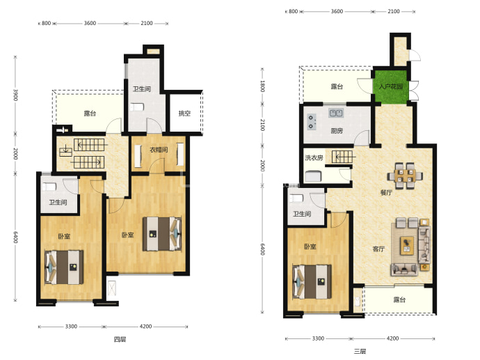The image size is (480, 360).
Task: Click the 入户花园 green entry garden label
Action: click(x=391, y=86)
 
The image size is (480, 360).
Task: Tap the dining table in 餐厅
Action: click(x=405, y=176)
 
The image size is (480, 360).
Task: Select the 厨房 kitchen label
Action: click(x=337, y=131)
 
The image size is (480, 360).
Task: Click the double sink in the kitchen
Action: click(x=336, y=113)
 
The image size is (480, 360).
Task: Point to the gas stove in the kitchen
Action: click(x=311, y=122)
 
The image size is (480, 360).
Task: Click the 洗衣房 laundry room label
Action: click(x=314, y=158)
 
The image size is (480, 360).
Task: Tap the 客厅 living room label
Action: click(x=378, y=249)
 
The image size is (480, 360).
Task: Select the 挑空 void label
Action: click(x=184, y=114)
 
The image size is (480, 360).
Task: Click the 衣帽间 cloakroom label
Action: click(x=159, y=150)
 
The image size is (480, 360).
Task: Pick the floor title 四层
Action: click(x=120, y=339)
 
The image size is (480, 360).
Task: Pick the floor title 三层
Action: click(x=360, y=351)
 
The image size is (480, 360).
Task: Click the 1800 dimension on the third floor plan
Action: click(x=262, y=86)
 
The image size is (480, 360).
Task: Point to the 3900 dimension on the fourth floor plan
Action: click(x=15, y=95)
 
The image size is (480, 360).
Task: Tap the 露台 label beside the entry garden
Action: click(x=337, y=86)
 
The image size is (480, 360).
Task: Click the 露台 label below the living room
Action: click(x=399, y=299)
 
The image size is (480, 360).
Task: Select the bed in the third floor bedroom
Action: click(x=312, y=281)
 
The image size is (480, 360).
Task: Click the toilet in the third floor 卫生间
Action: click(x=296, y=198)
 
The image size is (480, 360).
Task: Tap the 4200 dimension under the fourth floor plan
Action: click(x=145, y=327)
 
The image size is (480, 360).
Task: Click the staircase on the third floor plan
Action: click(x=343, y=157)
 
